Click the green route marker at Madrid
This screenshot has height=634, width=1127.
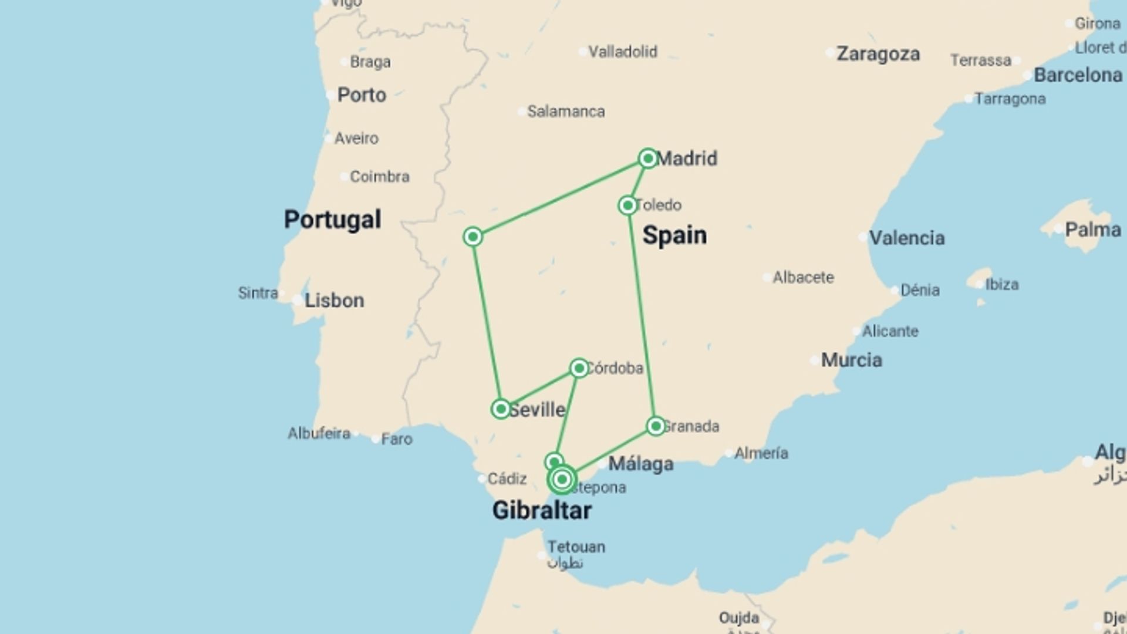point(648,158)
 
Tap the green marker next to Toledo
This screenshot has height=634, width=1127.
point(627,205)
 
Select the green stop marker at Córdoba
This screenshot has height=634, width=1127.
point(579,368)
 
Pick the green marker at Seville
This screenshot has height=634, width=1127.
point(501,409)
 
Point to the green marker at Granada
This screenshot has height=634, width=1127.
point(656,426)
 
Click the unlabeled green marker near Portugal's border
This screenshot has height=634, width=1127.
point(473,237)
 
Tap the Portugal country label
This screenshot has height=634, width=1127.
point(332,220)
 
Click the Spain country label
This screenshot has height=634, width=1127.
point(674,235)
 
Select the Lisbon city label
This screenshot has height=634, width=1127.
point(334,301)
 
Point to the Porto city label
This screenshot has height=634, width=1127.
point(362,95)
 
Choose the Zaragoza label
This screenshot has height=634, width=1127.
point(878,54)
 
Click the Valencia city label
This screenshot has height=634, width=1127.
point(906,238)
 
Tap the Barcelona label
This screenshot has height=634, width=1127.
point(1077,75)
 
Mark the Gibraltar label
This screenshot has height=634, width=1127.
point(541,510)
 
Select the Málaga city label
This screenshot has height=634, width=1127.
point(640,464)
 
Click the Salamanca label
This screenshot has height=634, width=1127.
point(566,112)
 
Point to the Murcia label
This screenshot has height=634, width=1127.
point(851,360)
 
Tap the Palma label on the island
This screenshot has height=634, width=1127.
point(1092,230)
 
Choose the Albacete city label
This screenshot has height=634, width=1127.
point(802,277)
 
